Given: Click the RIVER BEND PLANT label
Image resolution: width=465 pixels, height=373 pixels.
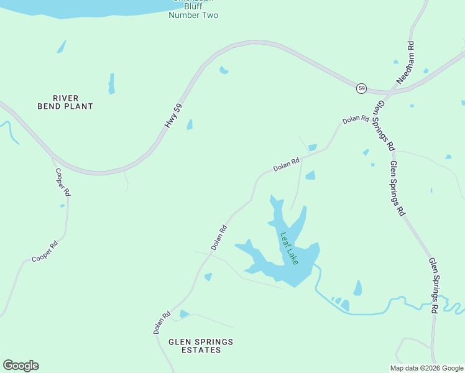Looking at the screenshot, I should (73, 102).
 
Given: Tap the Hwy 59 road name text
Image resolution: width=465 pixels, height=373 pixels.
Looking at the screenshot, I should (175, 116).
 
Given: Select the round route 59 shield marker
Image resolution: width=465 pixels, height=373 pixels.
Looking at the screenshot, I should (361, 88).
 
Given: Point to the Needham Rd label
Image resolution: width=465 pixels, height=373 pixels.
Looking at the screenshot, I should (406, 64).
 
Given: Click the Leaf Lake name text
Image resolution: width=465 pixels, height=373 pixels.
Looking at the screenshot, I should (289, 249).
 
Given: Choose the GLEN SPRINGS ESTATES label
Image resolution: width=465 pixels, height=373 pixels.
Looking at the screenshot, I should (200, 346).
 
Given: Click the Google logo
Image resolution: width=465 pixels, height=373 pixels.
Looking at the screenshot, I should (21, 366).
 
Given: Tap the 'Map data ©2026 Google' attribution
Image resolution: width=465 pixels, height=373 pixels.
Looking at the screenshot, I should (426, 368).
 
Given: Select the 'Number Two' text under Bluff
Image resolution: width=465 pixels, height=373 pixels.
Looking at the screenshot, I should (193, 15).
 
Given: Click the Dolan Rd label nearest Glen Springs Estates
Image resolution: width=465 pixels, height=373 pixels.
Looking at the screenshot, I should (162, 323).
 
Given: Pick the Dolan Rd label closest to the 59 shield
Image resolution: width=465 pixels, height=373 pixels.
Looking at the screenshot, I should (356, 119).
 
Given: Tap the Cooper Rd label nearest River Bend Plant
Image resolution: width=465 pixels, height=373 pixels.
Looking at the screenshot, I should (63, 182).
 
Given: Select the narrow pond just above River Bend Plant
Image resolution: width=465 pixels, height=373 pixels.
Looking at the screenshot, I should (111, 83).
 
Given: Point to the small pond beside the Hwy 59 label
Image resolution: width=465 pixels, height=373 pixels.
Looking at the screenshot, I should (190, 124).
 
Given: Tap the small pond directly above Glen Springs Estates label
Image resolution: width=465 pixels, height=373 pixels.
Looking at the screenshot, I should (183, 314).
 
